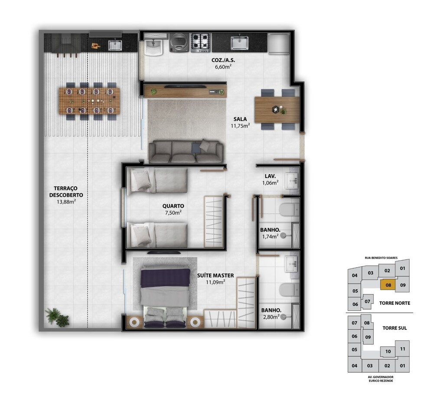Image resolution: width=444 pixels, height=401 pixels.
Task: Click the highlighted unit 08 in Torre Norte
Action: point(388,285)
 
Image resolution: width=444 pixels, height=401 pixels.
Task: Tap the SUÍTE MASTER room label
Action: point(215,275)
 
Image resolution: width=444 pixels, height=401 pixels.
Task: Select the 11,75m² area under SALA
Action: point(240,126)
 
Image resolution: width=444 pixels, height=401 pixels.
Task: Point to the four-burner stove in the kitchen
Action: point(200,43)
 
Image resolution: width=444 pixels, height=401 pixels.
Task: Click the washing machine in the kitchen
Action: point(179,43)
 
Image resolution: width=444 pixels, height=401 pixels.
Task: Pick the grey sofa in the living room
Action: point(186,152)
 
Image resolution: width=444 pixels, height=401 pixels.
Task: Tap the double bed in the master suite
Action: point(166,298)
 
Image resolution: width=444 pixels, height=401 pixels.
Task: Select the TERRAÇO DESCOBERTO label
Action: point(66,192)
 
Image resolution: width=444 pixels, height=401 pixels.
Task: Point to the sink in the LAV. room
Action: point(292,180)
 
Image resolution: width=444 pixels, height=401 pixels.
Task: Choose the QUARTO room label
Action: point(173,206)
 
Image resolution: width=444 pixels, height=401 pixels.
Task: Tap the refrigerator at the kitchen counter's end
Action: point(279,44)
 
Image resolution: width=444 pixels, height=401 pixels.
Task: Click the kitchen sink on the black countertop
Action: point(239,43)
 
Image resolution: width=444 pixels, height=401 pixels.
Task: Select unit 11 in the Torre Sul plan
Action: point(402,349)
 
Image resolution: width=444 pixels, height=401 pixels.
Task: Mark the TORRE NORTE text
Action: point(395,303)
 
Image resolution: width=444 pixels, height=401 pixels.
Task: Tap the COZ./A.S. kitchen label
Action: point(223,60)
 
